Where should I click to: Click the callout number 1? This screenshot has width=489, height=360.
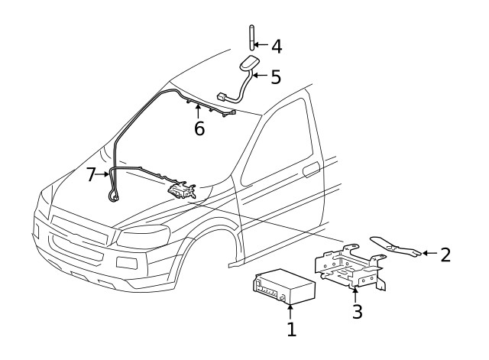pyautogui.click(x=290, y=330)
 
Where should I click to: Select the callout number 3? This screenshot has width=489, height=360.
pyautogui.click(x=355, y=311)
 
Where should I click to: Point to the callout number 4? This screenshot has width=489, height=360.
pyautogui.click(x=276, y=46)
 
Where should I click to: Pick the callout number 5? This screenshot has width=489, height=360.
pyautogui.click(x=276, y=77)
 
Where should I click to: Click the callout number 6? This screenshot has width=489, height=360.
pyautogui.click(x=199, y=128)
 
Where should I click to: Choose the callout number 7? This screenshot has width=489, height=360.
pyautogui.click(x=92, y=175)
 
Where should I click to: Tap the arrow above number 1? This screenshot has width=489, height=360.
pyautogui.click(x=290, y=310)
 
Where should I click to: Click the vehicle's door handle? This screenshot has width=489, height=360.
pyautogui.click(x=311, y=170)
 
